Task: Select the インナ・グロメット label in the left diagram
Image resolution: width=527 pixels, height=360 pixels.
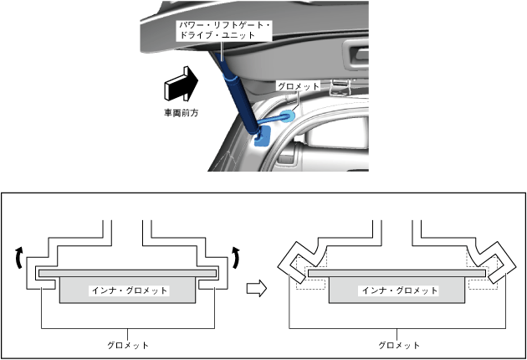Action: click(x=129, y=291)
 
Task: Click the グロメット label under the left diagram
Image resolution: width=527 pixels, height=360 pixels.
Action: click(x=128, y=344)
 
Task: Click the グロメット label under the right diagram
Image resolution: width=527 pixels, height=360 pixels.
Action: click(x=398, y=344)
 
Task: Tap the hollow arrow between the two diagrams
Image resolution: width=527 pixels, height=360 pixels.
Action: click(x=258, y=289)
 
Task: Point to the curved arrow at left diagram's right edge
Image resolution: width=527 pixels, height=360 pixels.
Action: click(x=238, y=256)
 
